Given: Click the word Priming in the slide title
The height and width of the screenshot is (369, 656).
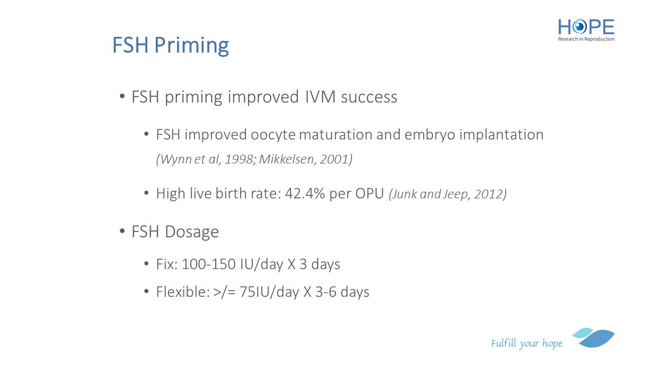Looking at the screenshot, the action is pyautogui.click(x=192, y=46).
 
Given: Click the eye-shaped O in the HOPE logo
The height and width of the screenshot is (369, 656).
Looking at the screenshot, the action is pyautogui.click(x=579, y=27).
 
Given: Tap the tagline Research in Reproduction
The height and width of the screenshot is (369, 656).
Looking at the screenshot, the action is pyautogui.click(x=586, y=39).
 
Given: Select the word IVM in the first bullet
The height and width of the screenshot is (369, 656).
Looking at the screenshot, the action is pyautogui.click(x=320, y=97).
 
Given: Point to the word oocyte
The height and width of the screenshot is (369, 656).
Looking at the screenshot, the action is pyautogui.click(x=273, y=135).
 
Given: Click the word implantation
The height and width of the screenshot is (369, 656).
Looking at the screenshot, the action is pyautogui.click(x=501, y=135).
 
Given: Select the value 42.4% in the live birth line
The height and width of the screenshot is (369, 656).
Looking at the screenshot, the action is pyautogui.click(x=305, y=194).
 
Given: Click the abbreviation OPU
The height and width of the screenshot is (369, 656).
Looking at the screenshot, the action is pyautogui.click(x=370, y=194).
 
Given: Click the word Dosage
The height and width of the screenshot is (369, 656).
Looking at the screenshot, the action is pyautogui.click(x=192, y=232).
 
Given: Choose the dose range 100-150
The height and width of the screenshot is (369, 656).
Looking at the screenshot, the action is pyautogui.click(x=209, y=264).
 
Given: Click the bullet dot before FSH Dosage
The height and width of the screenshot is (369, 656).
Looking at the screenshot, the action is pyautogui.click(x=122, y=231).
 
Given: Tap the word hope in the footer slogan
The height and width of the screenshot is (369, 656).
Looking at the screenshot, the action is pyautogui.click(x=552, y=343).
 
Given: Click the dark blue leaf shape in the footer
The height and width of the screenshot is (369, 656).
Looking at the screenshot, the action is pyautogui.click(x=598, y=339).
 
